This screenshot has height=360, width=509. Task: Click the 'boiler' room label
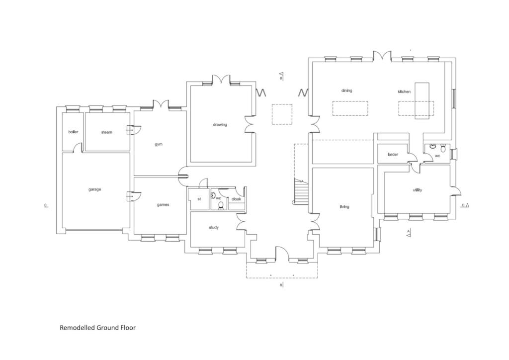(73, 132)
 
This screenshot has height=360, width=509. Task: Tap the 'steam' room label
(106, 132)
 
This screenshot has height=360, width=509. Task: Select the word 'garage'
(95, 189)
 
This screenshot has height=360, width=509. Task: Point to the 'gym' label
(159, 144)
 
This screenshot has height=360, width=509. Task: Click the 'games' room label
(163, 205)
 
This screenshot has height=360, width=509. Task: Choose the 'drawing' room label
(220, 124)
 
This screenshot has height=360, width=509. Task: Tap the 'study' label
(214, 227)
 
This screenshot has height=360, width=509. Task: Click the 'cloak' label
(237, 199)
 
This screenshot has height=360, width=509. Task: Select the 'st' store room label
(199, 199)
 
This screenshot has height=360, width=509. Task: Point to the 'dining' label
(346, 90)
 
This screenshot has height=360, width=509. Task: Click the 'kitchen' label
(404, 91)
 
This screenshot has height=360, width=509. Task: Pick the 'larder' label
(393, 155)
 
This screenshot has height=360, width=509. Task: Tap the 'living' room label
(344, 207)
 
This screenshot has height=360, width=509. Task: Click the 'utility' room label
(417, 190)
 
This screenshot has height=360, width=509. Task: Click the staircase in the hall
(302, 191)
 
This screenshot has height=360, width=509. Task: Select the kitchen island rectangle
(422, 100)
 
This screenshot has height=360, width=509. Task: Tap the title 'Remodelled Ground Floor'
(97, 328)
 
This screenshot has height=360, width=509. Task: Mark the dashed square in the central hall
(282, 114)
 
